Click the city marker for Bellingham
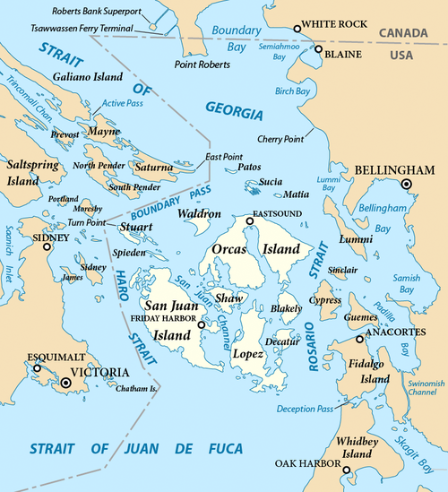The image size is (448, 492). point(407,184)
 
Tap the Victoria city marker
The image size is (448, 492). point(65,383)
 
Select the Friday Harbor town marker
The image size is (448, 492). point(201,325)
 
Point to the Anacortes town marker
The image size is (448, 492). point(359,340)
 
